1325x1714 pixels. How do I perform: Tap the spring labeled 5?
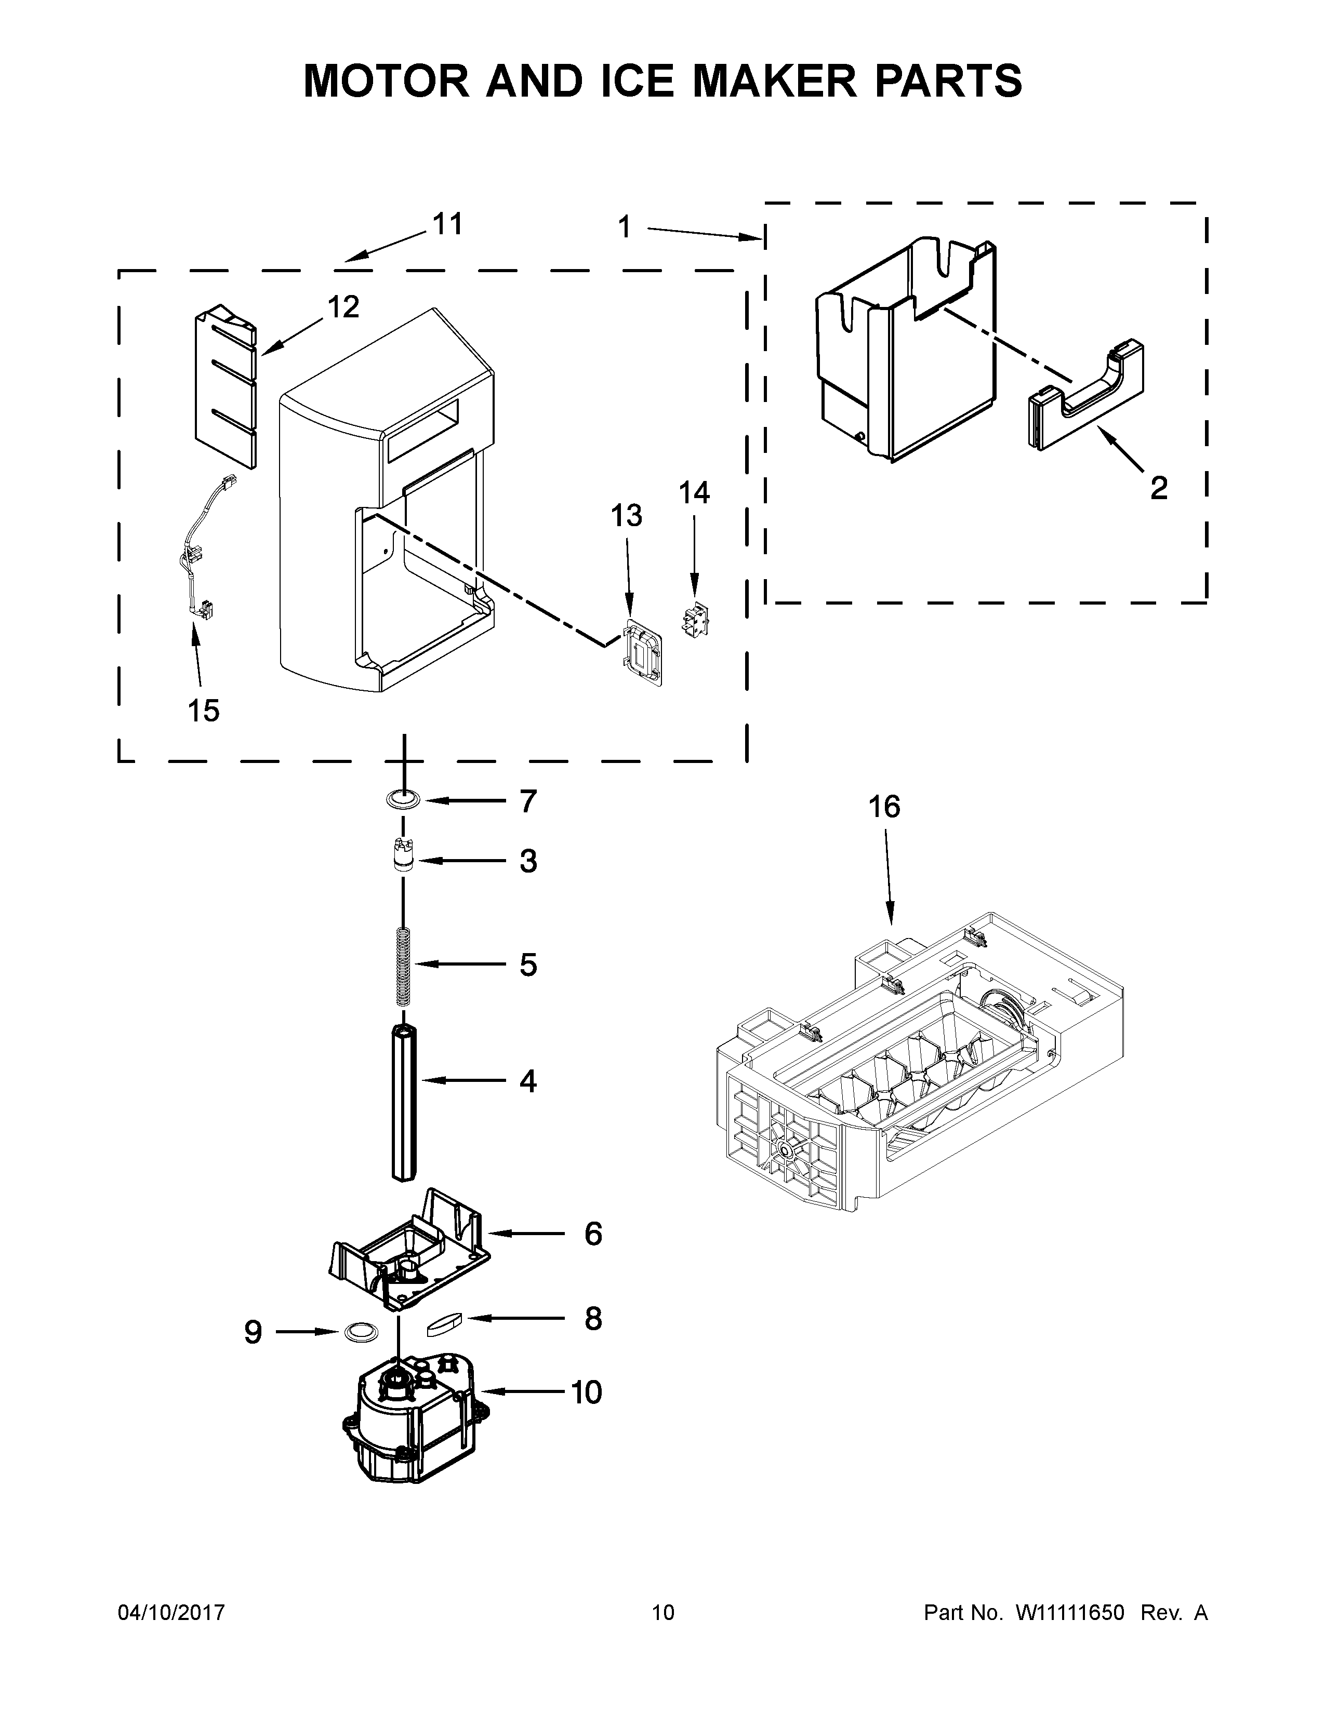[403, 966]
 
